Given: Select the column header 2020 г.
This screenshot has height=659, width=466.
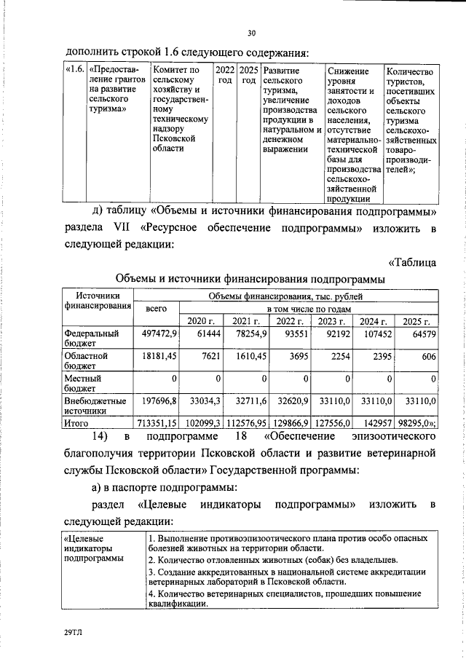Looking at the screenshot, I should (201, 321).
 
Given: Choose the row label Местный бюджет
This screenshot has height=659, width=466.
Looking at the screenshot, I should (82, 384).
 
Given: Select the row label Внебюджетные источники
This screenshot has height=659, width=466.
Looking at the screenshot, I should (95, 406).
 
